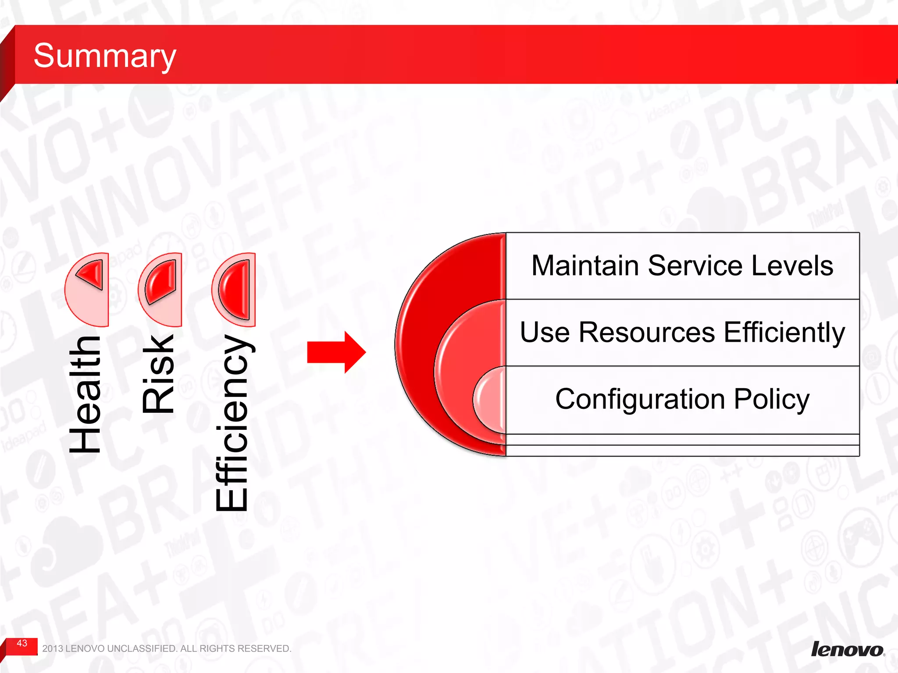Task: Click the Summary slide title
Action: [104, 56]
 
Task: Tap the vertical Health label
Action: [86, 394]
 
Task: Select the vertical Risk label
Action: [159, 374]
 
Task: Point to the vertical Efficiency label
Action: [232, 423]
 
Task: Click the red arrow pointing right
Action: [336, 352]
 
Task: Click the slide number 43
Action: [22, 643]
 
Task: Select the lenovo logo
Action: [847, 649]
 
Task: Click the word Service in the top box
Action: [695, 266]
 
